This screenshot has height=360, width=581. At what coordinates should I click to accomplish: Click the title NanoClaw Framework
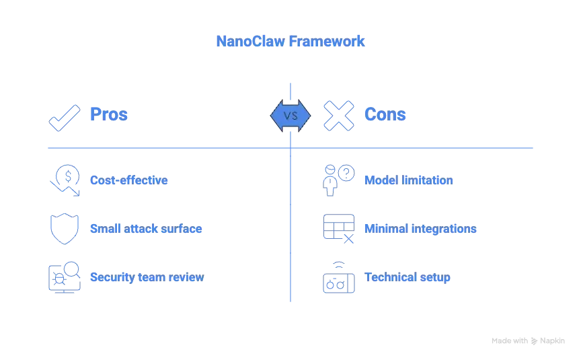tap(290, 41)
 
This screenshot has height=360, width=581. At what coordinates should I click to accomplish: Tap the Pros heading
tap(109, 114)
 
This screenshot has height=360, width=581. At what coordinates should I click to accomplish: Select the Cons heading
tap(385, 114)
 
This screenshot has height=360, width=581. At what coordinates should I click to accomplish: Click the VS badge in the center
tap(290, 116)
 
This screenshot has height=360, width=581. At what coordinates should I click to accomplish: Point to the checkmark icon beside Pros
tap(65, 118)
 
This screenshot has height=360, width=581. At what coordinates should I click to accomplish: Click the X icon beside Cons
tap(339, 116)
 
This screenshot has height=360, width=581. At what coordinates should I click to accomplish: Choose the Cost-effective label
tap(129, 180)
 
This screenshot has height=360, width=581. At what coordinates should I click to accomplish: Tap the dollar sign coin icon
tap(68, 176)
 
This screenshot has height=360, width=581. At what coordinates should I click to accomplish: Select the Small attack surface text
tap(146, 229)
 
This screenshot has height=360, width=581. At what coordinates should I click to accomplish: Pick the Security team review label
tap(147, 277)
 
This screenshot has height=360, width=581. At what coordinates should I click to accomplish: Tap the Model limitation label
tap(409, 180)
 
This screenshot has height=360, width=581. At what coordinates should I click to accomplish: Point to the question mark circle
tap(346, 173)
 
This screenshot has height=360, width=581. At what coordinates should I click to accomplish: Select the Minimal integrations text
tap(420, 229)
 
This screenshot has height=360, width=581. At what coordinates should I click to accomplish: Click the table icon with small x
tap(339, 229)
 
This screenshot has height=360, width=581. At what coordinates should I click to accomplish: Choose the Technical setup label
tap(408, 277)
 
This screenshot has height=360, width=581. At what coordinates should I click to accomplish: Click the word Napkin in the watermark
tap(552, 340)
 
